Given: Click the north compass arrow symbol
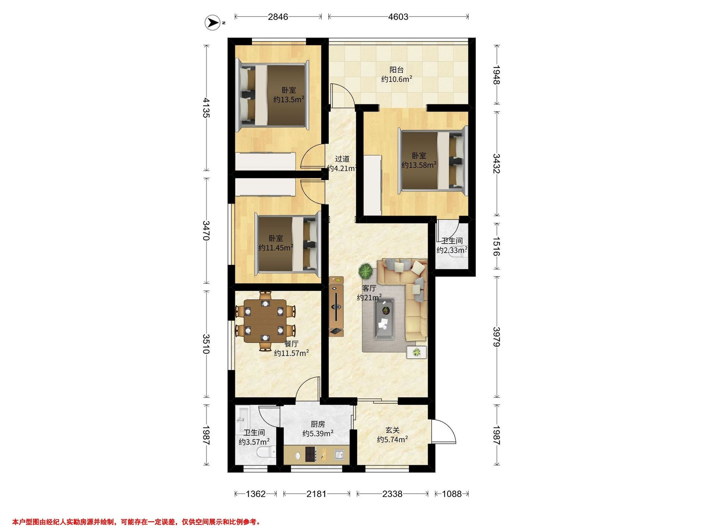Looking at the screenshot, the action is pos(213,23).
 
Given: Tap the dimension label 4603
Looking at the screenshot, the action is pos(398,16).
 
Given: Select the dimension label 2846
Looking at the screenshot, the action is pos(278,16).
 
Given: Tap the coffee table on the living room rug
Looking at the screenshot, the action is pos(384,319).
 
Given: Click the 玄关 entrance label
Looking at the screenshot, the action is pos(393,430).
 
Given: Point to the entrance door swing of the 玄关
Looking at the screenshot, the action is pos(444,431).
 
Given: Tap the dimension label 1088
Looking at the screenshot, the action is pos(452,494).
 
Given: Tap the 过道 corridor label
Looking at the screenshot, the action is pos(343,158).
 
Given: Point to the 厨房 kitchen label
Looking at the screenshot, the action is pos(318,424).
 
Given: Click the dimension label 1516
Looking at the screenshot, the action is pos(496,246).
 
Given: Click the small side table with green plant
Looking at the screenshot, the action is pos(417,352).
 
